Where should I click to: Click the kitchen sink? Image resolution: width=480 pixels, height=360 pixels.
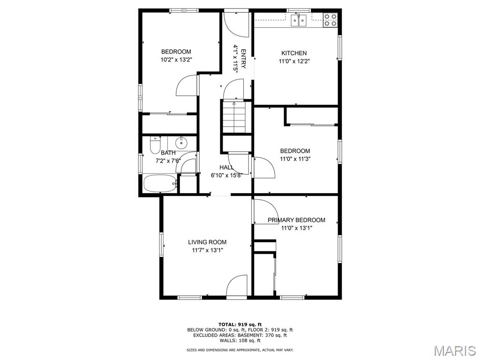tap(299, 20)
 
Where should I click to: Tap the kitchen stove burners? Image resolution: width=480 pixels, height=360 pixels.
tap(330, 20)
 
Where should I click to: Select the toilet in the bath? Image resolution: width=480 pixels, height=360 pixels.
tap(155, 145)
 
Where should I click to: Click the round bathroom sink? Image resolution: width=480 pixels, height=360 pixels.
tap(181, 142)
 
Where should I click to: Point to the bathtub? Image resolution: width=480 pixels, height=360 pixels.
tap(160, 183)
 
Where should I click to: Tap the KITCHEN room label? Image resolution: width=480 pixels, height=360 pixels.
tap(294, 53)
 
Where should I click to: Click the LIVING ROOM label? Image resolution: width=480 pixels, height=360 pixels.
tap(207, 242)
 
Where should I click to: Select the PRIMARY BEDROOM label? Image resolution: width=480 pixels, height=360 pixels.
tap(296, 220)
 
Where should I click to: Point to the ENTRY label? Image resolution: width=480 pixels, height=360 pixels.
tap(243, 59)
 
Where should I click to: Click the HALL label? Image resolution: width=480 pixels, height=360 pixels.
tap(227, 167)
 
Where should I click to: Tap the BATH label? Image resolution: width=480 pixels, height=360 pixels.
tap(168, 153)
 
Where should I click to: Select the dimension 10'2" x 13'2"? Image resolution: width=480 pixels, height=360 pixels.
tap(176, 60)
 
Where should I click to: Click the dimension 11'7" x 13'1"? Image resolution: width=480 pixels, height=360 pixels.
tap(207, 250)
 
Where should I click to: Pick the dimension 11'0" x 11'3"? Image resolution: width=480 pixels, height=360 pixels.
tap(295, 159)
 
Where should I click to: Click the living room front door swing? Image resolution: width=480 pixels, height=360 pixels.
tap(237, 286)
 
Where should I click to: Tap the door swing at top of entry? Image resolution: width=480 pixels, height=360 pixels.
tap(235, 24)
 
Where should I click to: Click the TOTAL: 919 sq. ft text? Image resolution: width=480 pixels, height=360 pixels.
tap(240, 324)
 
